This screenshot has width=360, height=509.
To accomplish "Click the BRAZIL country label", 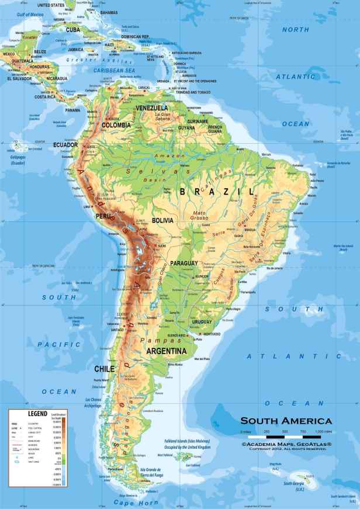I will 219,192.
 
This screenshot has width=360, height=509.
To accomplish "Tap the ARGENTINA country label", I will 167,351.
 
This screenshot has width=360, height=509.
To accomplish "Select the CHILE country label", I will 104,369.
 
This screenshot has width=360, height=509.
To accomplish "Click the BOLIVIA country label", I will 163,220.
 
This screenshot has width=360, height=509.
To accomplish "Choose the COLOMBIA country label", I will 116,124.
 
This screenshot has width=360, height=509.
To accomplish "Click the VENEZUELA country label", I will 152,108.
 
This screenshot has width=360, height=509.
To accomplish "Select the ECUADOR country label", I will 65,144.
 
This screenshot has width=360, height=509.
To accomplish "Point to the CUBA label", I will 72,29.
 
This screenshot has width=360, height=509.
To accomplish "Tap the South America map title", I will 286,421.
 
